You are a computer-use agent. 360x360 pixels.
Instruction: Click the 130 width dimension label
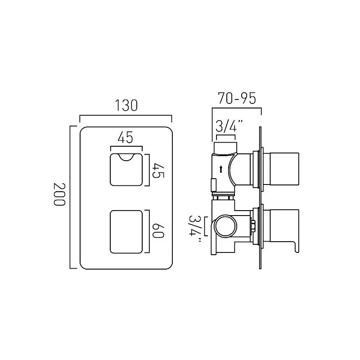tap(126, 105)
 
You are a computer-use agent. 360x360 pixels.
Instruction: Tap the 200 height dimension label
tap(59, 194)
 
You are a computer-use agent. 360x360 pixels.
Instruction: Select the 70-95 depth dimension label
tap(237, 98)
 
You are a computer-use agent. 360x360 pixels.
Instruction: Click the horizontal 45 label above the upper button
tap(126, 137)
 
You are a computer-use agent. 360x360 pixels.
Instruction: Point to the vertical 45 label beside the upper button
tap(158, 171)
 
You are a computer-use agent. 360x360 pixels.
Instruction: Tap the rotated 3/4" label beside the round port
tap(195, 229)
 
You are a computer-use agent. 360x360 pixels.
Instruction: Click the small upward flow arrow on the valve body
tap(221, 169)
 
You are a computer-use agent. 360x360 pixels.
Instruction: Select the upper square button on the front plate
tap(126, 170)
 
